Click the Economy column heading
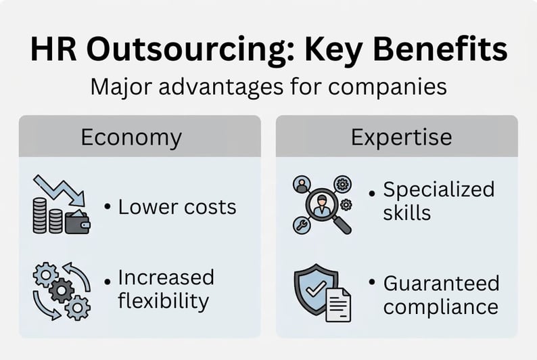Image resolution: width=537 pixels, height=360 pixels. [131, 137]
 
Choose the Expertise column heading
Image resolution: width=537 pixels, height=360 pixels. [401, 137]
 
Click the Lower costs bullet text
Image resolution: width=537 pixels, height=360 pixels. [177, 206]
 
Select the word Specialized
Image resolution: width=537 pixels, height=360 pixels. [438, 190]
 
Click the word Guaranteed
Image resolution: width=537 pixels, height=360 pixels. [441, 283]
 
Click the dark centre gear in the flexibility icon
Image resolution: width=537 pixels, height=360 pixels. [62, 291]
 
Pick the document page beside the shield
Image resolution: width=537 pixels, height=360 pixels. [339, 302]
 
